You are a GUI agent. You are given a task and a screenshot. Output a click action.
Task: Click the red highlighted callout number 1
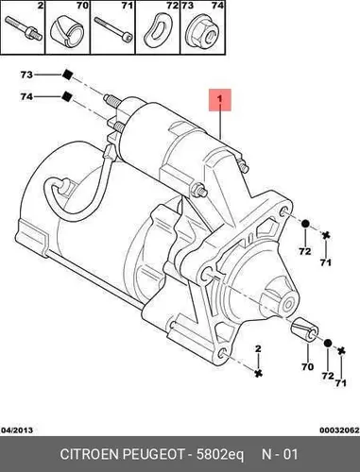coord(220,99)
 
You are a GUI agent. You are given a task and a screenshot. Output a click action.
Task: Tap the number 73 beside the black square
coord(26,75)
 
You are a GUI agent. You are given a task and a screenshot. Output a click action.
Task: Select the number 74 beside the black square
coord(26,96)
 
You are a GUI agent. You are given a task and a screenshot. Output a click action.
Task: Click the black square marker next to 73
coord(67,75)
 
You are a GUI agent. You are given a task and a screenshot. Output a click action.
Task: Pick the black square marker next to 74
coord(67,96)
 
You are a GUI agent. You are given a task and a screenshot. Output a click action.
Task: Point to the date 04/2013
coord(17,430)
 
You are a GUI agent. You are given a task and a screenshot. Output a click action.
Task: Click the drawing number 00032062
coord(339,430)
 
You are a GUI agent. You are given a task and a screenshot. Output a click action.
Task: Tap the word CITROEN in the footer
coord(89,455)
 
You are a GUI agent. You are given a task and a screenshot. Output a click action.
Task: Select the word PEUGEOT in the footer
coord(153,455)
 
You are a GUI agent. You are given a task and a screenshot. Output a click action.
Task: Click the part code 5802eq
coord(220,455)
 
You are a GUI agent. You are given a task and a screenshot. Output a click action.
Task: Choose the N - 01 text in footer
coord(280,455)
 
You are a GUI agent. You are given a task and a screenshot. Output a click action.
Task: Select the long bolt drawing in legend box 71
coord(113,29)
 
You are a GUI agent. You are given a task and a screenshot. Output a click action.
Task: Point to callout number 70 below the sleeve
coord(307,366)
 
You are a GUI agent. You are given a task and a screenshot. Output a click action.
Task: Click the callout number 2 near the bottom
coord(258,348)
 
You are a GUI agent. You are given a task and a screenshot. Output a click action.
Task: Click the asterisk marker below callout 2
coord(259,374)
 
